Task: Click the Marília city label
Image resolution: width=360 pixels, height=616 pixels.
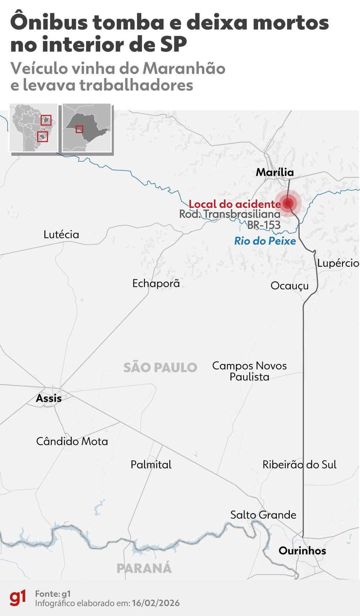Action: point(275,172)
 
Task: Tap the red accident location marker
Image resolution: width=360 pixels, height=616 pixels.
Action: point(288,203)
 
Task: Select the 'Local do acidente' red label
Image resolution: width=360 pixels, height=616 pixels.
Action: point(235,204)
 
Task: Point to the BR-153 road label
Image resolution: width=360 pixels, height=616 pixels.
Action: point(264,225)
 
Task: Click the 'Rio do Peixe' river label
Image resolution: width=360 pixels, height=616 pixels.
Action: point(265,241)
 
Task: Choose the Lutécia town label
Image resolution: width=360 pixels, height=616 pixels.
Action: point(61,234)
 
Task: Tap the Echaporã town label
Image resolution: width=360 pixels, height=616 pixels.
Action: point(156,283)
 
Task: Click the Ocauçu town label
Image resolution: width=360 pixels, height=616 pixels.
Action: point(289,286)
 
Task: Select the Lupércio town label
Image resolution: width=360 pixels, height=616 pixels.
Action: point(338,263)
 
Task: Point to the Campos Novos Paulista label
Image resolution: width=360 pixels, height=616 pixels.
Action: point(250,371)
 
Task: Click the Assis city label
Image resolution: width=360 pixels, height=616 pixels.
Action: point(49,398)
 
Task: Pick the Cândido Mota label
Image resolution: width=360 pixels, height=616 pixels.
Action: point(72,441)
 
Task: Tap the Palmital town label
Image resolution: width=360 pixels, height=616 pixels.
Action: point(151,465)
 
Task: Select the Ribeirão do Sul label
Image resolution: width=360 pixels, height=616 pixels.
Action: point(299,465)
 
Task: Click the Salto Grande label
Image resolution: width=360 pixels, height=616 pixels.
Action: point(263,515)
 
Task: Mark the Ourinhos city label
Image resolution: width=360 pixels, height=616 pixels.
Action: point(302,551)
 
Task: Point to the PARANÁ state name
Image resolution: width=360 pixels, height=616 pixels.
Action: point(144,568)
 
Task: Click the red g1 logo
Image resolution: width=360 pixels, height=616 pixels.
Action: point(18,598)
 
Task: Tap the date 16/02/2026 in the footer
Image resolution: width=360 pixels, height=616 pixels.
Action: point(156,603)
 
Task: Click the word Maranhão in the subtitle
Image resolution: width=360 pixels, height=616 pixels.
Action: point(184,68)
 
